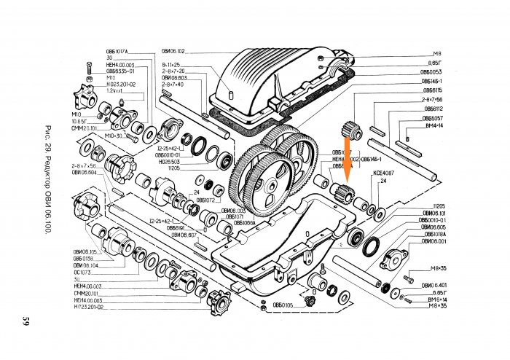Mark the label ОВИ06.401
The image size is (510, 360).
(x=433, y=284)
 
